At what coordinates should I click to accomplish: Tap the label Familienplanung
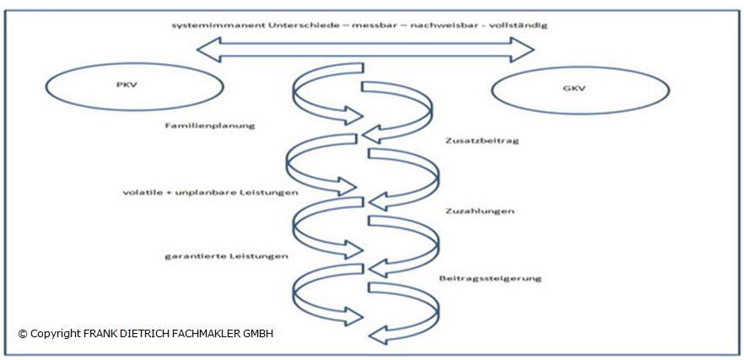coord(199,125)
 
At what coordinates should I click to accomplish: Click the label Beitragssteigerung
coord(490,278)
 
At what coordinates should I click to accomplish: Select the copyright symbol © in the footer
coord(23,334)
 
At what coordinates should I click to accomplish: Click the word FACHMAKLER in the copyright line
coord(202,334)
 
